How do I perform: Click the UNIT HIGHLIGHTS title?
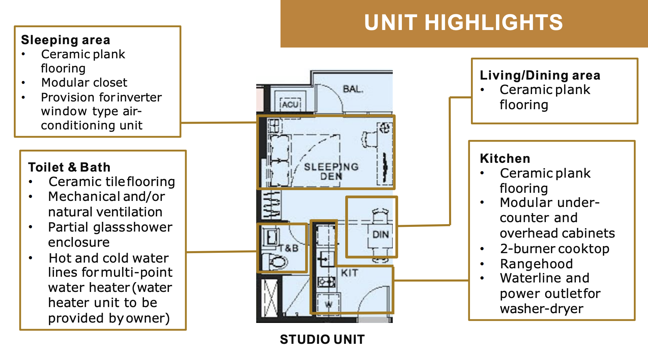[x=464, y=23]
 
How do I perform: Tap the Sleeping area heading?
[x=65, y=40]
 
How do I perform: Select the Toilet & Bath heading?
[x=69, y=167]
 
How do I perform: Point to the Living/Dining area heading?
[x=540, y=75]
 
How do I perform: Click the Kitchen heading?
[x=505, y=158]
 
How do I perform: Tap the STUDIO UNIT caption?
[x=322, y=339]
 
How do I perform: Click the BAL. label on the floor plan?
[x=353, y=89]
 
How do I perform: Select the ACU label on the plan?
[x=290, y=104]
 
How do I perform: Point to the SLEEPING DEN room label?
[x=331, y=171]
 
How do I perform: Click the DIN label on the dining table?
[x=380, y=234]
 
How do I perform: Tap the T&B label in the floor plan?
[x=289, y=249]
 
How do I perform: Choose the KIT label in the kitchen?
[x=349, y=273]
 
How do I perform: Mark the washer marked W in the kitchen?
[x=328, y=303]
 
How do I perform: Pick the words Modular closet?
[x=84, y=83]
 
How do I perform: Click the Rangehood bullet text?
[x=536, y=264]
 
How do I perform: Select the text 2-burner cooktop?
[x=555, y=249]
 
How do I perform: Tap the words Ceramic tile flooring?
[x=112, y=182]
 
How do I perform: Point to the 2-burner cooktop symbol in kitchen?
[x=326, y=281]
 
